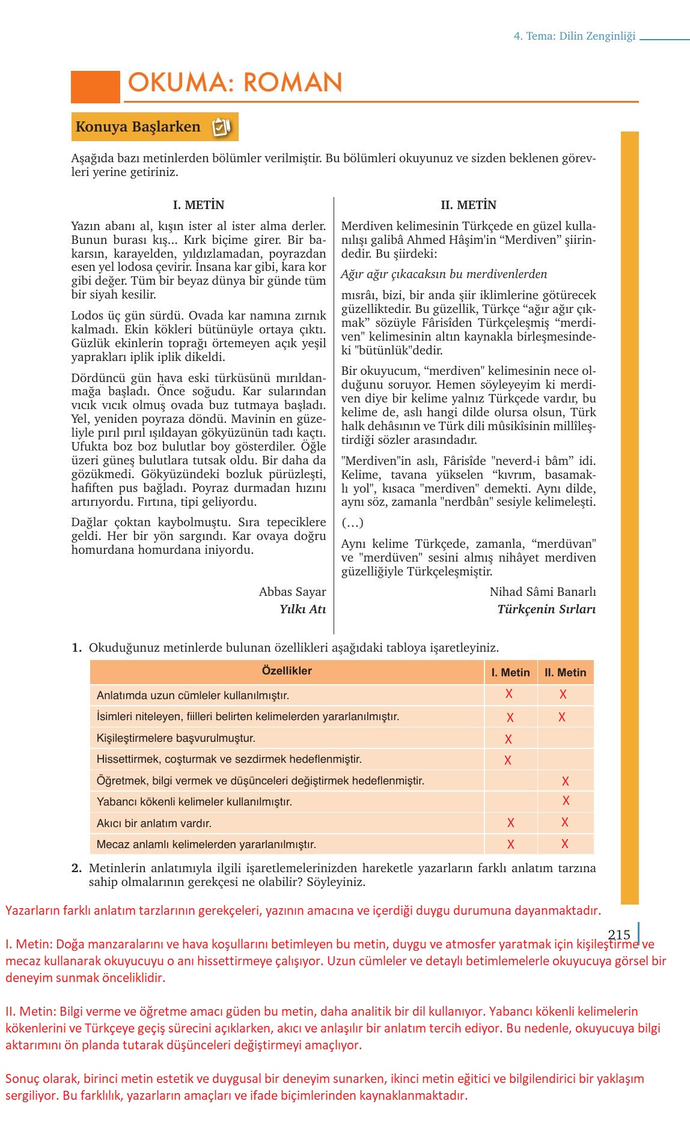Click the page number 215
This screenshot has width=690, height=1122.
coord(619,935)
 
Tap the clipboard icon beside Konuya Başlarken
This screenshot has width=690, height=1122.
coord(221,127)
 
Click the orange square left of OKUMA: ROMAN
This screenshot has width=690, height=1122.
coord(96,86)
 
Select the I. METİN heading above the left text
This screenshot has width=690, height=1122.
coord(198,205)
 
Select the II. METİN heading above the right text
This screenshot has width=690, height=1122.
coord(468,205)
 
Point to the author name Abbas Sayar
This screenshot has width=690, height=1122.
coord(292,592)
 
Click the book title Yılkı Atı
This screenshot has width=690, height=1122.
coord(302,609)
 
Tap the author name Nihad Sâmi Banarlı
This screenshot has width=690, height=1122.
coord(542,592)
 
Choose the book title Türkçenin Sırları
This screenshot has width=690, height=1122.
coord(546,609)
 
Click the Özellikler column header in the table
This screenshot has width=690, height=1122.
coord(287,671)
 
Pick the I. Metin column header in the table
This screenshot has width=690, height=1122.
coord(510,673)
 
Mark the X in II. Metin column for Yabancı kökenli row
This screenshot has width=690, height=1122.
coord(566,801)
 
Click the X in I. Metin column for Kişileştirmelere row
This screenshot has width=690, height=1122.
coord(508,739)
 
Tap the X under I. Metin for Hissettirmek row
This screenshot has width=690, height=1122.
coord(508,760)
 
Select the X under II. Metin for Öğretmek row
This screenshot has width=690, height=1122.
coord(565,781)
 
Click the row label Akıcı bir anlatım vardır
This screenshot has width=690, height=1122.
coord(154,823)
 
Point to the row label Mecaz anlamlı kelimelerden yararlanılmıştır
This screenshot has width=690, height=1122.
coord(206,845)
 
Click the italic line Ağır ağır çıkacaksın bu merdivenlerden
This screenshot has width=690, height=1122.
coord(444,274)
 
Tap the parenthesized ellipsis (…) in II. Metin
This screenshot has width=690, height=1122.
coord(352,523)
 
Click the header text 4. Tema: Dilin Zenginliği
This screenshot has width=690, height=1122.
coord(574,36)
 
